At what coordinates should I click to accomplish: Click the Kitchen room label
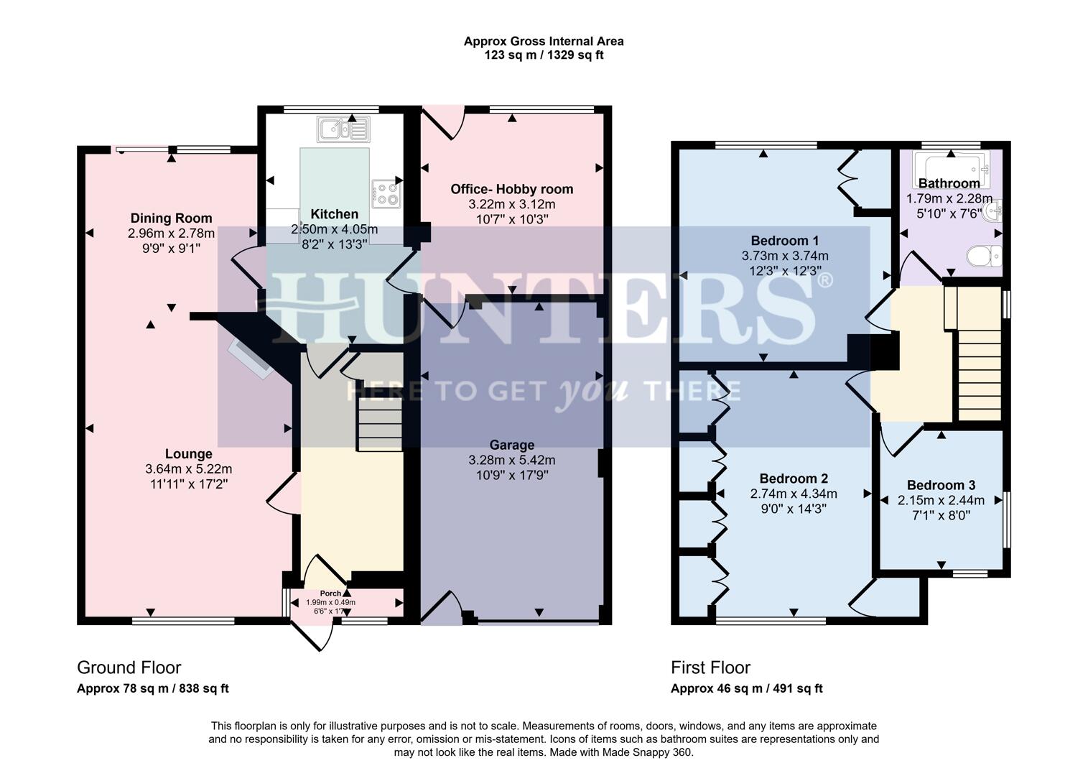tap(334, 214)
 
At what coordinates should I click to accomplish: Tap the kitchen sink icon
tap(343, 129)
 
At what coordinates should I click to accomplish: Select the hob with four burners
tap(386, 193)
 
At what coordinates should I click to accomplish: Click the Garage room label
tap(511, 445)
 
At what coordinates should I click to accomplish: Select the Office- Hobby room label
tap(511, 189)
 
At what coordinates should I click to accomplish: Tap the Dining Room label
tap(171, 218)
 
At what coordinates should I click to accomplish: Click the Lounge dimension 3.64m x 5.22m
tap(188, 469)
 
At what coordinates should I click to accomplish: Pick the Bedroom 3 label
tap(941, 485)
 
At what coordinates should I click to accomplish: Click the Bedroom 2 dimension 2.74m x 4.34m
tap(794, 494)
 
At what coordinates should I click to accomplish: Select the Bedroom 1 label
tap(784, 240)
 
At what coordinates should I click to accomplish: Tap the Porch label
tap(330, 593)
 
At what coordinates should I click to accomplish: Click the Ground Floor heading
tap(129, 668)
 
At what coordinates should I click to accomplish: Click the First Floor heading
tap(710, 668)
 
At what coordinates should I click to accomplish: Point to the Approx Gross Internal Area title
tap(543, 41)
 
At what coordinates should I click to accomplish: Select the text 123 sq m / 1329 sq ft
tap(543, 55)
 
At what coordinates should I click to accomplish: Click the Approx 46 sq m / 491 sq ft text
tap(746, 688)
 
